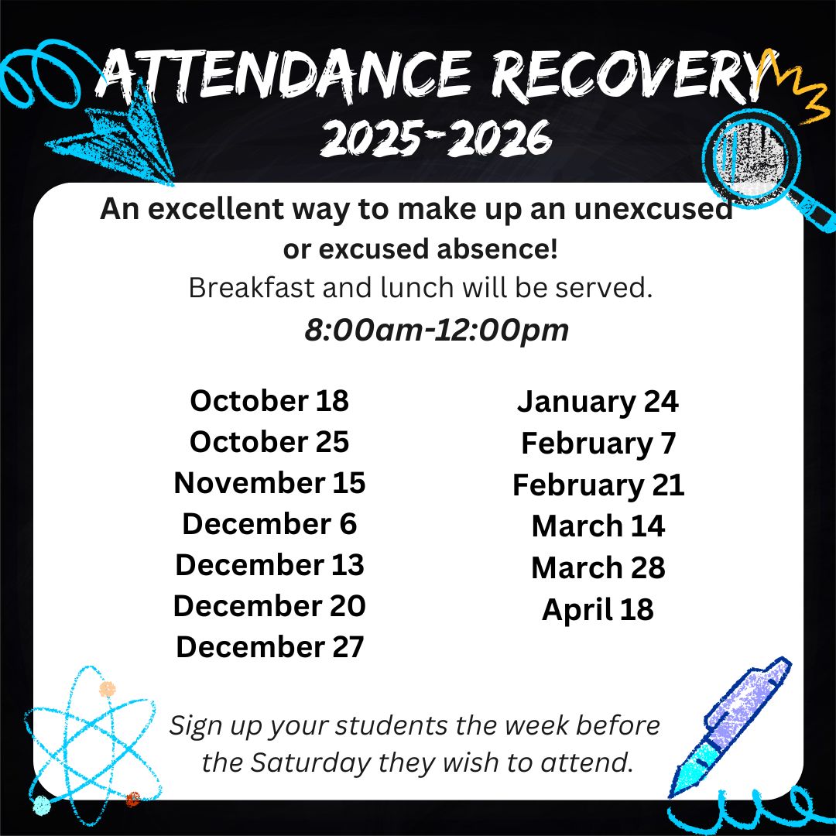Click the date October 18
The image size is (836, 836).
(269, 400)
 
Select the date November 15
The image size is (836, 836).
(269, 482)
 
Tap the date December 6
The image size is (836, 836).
(269, 523)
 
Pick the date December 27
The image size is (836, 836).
(269, 646)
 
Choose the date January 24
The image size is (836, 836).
(598, 403)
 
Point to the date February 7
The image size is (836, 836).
(598, 444)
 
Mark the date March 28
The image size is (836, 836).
(598, 567)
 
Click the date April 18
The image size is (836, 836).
(598, 609)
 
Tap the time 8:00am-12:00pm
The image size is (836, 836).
(437, 330)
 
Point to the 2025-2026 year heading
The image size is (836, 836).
(436, 138)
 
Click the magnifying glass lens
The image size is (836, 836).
(752, 156)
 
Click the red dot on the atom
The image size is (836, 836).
(133, 798)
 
